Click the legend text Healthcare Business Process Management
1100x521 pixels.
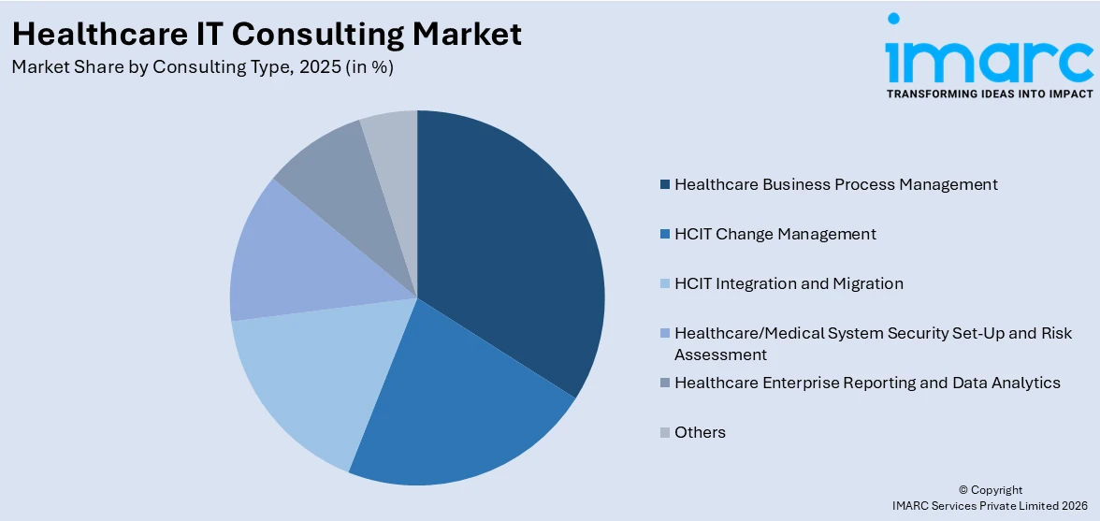(x=835, y=184)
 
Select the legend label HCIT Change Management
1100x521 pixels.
(x=774, y=234)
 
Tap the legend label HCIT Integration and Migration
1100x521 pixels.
(x=789, y=283)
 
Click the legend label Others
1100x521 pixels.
(x=700, y=432)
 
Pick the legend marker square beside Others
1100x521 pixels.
(x=665, y=432)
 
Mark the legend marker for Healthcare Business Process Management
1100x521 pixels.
(x=665, y=184)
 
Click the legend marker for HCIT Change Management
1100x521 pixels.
(x=665, y=234)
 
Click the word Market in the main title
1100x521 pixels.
(x=468, y=34)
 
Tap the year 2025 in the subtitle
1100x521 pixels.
(x=318, y=67)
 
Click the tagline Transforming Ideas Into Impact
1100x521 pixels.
(x=989, y=94)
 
